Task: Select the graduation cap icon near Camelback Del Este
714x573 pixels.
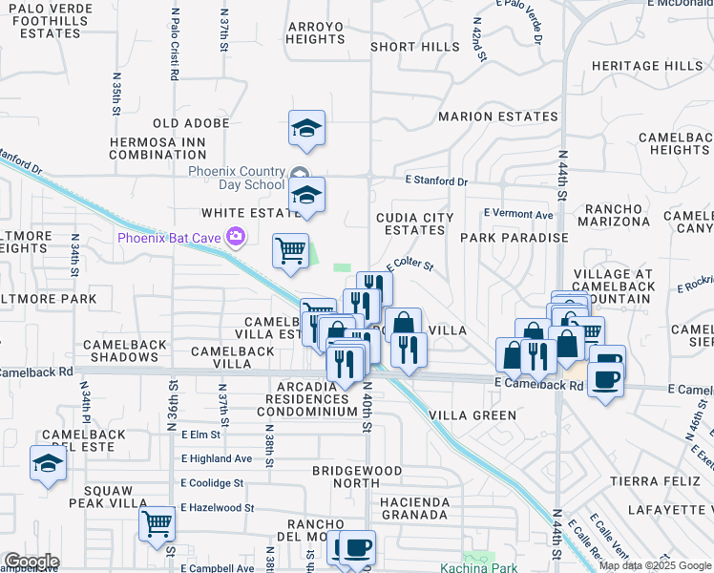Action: point(47,464)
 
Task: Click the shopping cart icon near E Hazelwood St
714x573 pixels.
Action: point(157,523)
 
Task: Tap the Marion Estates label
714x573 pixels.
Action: point(497,117)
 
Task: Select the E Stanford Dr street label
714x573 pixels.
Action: point(436,180)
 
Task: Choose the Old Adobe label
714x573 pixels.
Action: point(191,123)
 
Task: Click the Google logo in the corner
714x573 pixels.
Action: point(31,562)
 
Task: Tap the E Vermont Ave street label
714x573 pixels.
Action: point(518,214)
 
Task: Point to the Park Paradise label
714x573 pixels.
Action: point(514,237)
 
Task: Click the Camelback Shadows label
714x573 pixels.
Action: point(120,350)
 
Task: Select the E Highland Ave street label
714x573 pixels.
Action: point(217,458)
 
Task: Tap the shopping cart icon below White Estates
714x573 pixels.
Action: point(290,251)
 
